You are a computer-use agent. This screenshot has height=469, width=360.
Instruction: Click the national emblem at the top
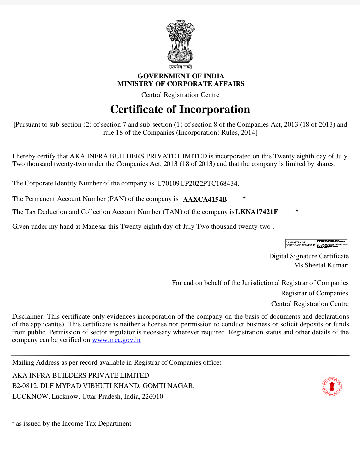(x=180, y=42)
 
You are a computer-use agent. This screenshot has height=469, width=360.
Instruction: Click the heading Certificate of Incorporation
(x=180, y=109)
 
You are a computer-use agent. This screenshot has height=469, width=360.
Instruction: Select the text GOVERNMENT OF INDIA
(x=181, y=76)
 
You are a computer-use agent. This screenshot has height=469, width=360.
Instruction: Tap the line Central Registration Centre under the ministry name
(x=180, y=95)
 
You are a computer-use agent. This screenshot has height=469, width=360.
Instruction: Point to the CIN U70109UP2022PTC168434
(x=198, y=183)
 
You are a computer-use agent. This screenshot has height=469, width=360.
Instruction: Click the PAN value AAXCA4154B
(x=205, y=199)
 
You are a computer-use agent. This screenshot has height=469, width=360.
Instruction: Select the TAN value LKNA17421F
(x=256, y=212)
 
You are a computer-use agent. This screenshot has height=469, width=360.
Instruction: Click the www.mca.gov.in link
(x=116, y=340)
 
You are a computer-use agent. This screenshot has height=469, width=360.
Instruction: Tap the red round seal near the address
(x=332, y=386)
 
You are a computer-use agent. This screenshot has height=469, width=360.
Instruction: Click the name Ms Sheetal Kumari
(x=321, y=265)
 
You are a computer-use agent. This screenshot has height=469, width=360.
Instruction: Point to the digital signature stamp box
(x=316, y=244)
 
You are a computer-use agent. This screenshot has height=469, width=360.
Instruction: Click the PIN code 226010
(x=153, y=397)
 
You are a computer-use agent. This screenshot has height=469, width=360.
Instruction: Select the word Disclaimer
(x=28, y=316)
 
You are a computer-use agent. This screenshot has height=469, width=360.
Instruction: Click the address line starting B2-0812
(x=103, y=386)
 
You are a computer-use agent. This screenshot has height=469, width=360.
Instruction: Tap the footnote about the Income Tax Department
(x=72, y=424)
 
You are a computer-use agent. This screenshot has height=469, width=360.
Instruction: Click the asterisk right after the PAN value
(x=244, y=198)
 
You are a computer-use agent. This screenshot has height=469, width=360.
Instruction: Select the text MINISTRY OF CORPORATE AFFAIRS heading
(x=181, y=84)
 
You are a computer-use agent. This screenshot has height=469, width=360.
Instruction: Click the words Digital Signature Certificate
(x=309, y=256)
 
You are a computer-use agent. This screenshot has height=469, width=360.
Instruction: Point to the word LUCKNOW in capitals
(x=30, y=397)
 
